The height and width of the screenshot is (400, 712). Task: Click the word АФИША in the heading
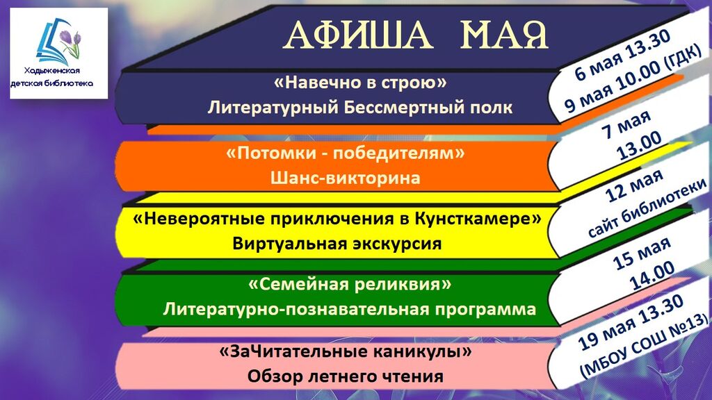[x=358, y=35]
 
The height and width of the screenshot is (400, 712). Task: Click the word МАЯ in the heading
[x=504, y=35]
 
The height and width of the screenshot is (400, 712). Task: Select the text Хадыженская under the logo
[x=52, y=71]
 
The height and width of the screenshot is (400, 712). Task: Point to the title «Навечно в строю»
[x=361, y=83]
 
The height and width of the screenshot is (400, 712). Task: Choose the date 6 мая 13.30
[x=622, y=55]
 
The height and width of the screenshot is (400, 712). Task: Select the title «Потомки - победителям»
[x=345, y=153]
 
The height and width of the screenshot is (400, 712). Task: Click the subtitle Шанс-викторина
[x=345, y=177]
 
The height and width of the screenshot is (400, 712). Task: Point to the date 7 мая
[x=626, y=125]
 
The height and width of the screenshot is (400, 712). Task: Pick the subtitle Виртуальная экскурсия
[x=337, y=244]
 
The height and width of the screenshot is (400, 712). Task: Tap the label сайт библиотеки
[x=647, y=208]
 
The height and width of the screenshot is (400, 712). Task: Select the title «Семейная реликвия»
[x=350, y=285]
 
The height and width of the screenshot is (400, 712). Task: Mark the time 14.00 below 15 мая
[x=652, y=276]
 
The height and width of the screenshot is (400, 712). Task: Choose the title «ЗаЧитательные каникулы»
[x=345, y=351]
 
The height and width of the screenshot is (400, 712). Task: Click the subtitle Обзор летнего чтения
[x=345, y=376]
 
